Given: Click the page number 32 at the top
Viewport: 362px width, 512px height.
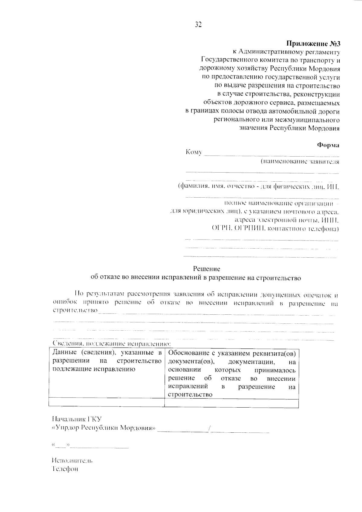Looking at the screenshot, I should point(198,25).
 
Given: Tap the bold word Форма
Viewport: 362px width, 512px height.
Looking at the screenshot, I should point(328,145).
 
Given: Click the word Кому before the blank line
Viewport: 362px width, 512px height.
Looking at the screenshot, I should point(194,152).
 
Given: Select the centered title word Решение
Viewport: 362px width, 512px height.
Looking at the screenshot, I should point(207,269).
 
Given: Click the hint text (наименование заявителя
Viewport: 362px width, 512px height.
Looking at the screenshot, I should point(300,162).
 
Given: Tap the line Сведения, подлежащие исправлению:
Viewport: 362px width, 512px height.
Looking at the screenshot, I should point(111,344).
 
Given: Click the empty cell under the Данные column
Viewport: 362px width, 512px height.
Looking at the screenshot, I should point(106,402).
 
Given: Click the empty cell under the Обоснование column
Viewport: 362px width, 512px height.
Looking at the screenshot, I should point(231,402).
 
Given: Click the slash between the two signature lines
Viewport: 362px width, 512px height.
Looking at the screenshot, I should point(209,428).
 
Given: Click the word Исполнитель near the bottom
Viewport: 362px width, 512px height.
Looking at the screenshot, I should point(72,461).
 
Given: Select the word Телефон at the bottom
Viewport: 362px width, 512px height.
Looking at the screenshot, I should point(65,469).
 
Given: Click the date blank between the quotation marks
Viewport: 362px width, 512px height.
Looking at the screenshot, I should point(62,445).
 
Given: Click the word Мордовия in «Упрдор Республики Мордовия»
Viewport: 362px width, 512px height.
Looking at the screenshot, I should point(139,428).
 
